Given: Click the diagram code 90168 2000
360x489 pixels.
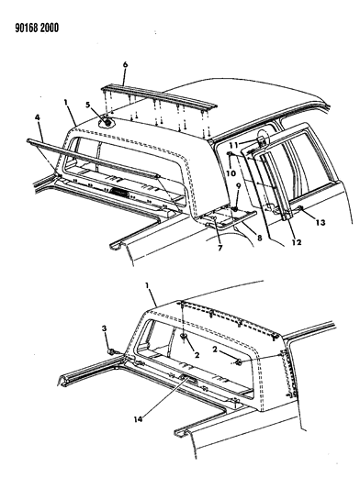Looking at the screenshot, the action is pyautogui.click(x=37, y=28).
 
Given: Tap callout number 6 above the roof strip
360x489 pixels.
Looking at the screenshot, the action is pyautogui.click(x=125, y=64).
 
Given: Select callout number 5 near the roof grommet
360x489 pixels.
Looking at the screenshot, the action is pyautogui.click(x=88, y=105).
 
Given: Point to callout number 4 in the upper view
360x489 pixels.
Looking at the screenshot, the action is pyautogui.click(x=38, y=117).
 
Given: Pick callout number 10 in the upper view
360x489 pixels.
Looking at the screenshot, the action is pyautogui.click(x=231, y=172).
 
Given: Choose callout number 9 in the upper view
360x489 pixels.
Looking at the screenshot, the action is pyautogui.click(x=238, y=186).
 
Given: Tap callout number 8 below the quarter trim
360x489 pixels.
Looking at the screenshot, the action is pyautogui.click(x=260, y=238).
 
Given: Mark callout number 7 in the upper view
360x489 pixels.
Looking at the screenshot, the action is pyautogui.click(x=220, y=248).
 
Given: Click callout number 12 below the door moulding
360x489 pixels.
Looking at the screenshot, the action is pyautogui.click(x=297, y=241).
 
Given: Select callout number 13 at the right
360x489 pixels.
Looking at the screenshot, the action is pyautogui.click(x=320, y=222).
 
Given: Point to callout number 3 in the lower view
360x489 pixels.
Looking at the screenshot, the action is pyautogui.click(x=105, y=328).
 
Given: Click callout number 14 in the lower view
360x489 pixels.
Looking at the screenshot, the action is pyautogui.click(x=138, y=419).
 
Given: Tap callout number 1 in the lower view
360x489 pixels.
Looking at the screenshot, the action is pyautogui.click(x=147, y=285).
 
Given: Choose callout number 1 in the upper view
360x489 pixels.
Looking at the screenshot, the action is pyautogui.click(x=66, y=102).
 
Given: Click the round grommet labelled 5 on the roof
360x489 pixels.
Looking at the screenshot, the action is pyautogui.click(x=107, y=123).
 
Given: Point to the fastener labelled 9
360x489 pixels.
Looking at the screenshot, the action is pyautogui.click(x=237, y=208).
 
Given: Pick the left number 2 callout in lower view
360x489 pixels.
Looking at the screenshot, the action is pyautogui.click(x=197, y=355).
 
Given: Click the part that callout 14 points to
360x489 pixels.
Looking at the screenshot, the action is pyautogui.click(x=186, y=378).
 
